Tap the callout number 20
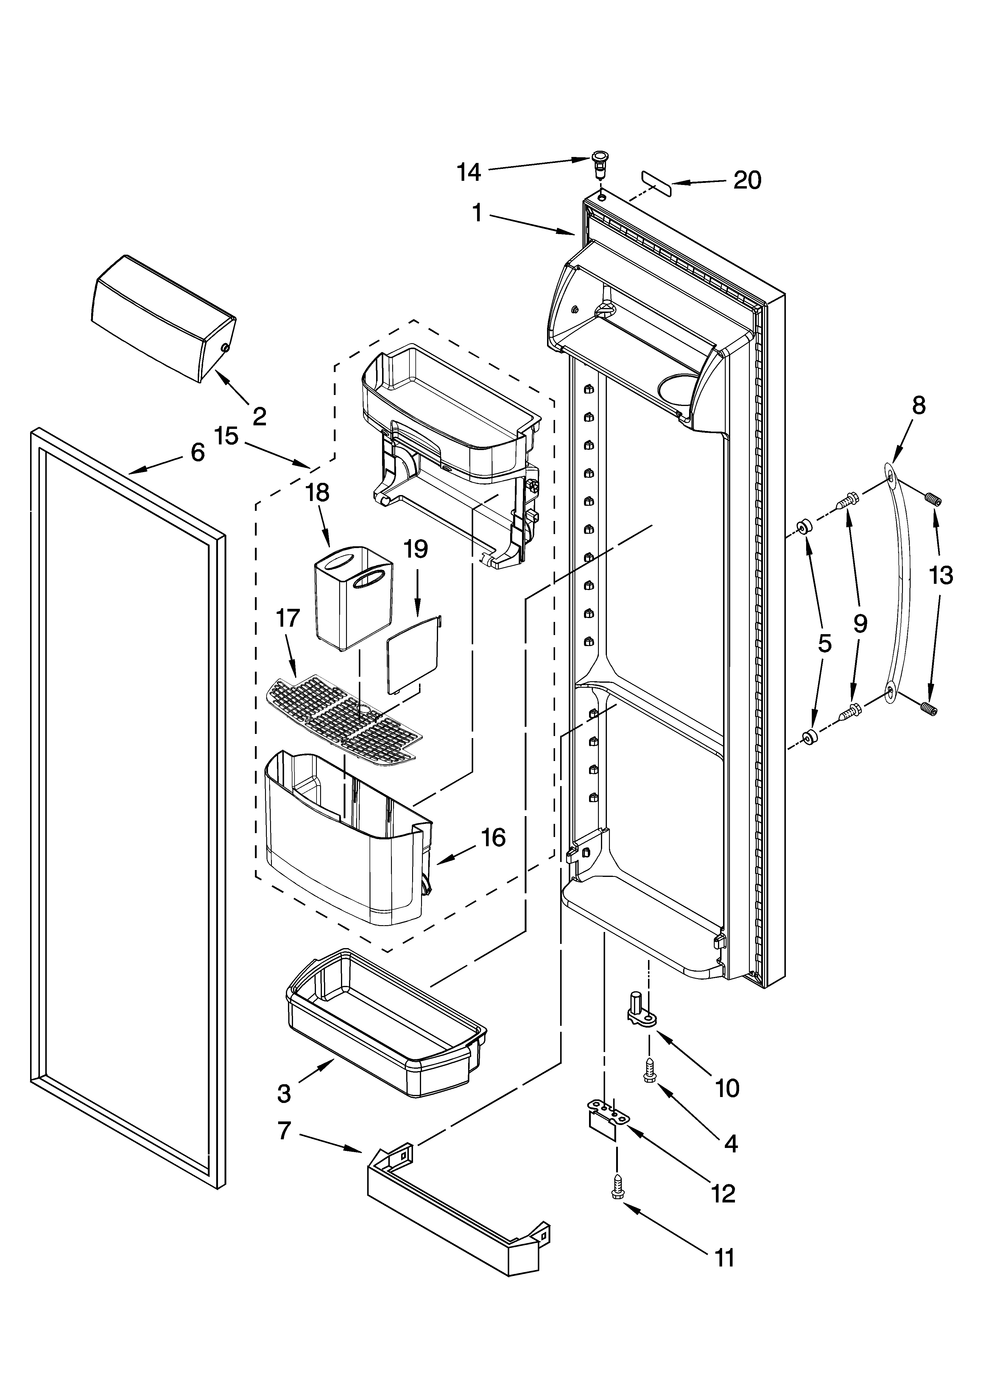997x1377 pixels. tap(747, 180)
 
